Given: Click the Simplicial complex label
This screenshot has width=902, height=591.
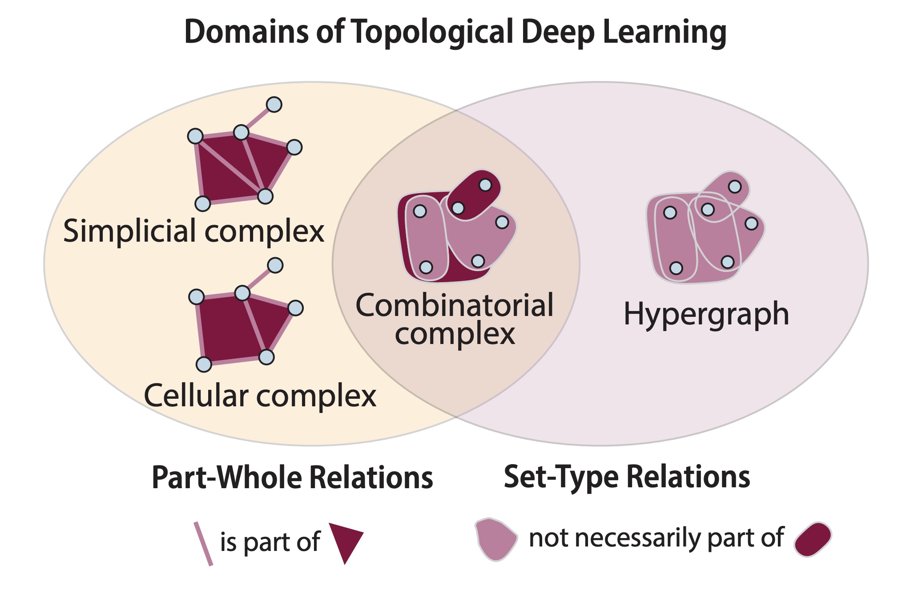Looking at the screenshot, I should [194, 231].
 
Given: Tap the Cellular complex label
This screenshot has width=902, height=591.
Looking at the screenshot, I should [260, 396].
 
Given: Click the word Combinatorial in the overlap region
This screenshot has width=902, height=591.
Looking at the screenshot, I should [455, 306].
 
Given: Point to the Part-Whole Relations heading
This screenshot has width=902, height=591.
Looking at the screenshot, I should [292, 478].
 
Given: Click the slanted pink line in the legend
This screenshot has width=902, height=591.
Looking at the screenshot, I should [203, 543].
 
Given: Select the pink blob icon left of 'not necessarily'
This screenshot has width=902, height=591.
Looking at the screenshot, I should [495, 538].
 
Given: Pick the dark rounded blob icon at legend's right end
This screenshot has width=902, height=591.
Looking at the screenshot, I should [813, 539].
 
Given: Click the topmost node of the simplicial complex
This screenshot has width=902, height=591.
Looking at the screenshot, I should [274, 105].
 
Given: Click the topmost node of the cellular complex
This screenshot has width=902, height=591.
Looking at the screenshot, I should [275, 265].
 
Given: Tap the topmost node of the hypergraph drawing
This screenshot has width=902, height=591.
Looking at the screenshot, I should [735, 186].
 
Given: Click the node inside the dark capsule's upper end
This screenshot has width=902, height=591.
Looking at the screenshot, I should [485, 185].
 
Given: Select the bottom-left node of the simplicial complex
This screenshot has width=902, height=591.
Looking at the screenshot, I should [203, 203].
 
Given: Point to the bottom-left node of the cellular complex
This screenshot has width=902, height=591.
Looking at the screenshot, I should [204, 364].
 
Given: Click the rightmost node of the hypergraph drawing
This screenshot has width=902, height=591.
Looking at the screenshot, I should [751, 223].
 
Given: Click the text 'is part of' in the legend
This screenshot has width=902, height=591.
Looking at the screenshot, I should [270, 542].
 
